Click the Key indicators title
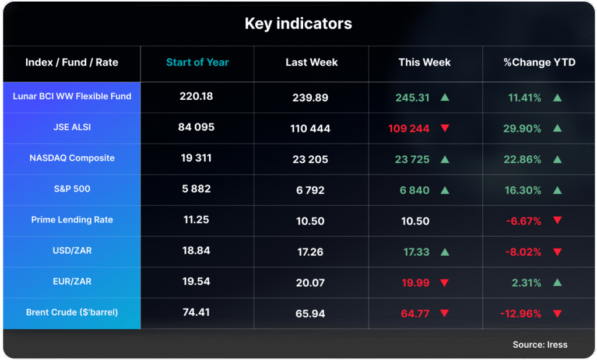(298, 24)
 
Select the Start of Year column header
(197, 62)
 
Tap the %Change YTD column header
(539, 62)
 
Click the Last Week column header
(311, 62)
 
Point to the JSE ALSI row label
(72, 127)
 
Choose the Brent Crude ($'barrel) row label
(72, 313)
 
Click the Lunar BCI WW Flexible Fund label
(72, 96)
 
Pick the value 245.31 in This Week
(412, 98)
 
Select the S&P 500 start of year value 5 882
(196, 189)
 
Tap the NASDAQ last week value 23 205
(310, 159)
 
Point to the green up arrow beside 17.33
(445, 252)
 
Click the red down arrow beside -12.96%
(557, 314)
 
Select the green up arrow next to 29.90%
(557, 128)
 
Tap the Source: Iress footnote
(540, 345)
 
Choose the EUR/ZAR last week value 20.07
(310, 283)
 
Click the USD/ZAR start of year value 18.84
(196, 251)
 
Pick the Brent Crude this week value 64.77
(415, 314)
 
